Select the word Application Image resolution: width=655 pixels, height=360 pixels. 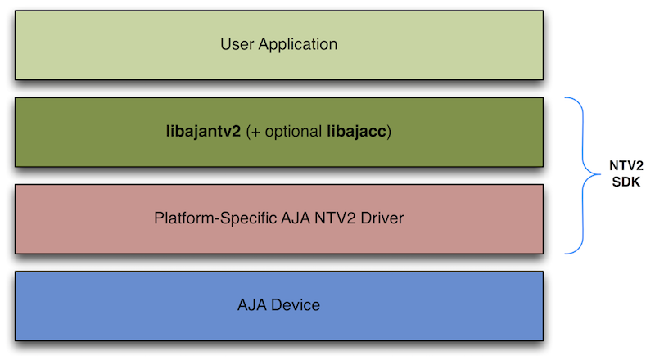click(x=297, y=44)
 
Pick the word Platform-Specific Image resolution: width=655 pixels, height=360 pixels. click(x=209, y=218)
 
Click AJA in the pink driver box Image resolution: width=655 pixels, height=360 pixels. click(x=282, y=218)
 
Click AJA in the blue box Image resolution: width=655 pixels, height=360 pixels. click(x=251, y=306)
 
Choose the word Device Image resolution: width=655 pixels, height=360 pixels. click(x=295, y=306)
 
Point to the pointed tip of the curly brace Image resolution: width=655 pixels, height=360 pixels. click(x=597, y=175)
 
